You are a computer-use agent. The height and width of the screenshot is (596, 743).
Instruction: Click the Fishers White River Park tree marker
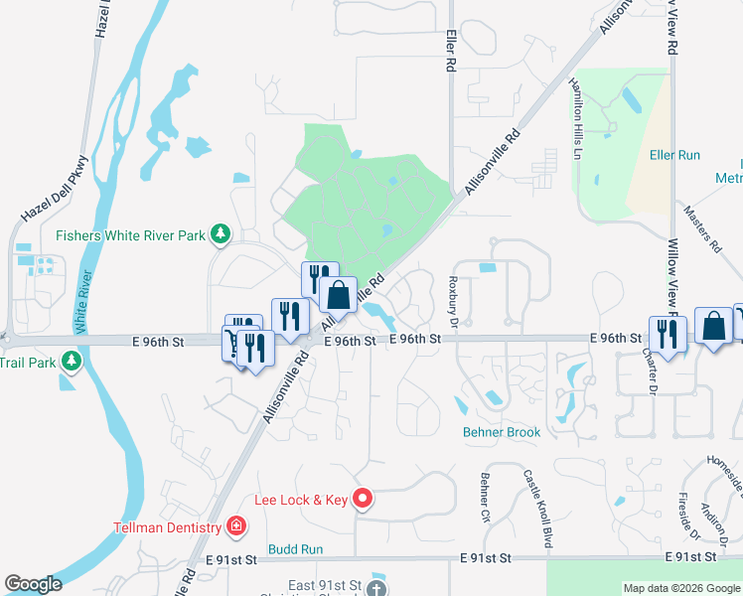click(221, 235)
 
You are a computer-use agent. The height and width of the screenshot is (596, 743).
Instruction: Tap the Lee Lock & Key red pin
click(364, 499)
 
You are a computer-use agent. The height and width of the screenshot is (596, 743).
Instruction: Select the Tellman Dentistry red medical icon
click(236, 524)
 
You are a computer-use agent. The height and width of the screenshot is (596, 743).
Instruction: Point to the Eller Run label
click(674, 155)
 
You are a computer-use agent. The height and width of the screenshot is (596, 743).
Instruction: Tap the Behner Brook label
click(502, 432)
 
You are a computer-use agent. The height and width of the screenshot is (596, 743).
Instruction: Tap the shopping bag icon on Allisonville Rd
click(338, 294)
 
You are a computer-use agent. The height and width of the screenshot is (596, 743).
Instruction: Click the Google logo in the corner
click(33, 584)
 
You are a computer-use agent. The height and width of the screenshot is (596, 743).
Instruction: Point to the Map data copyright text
click(681, 588)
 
